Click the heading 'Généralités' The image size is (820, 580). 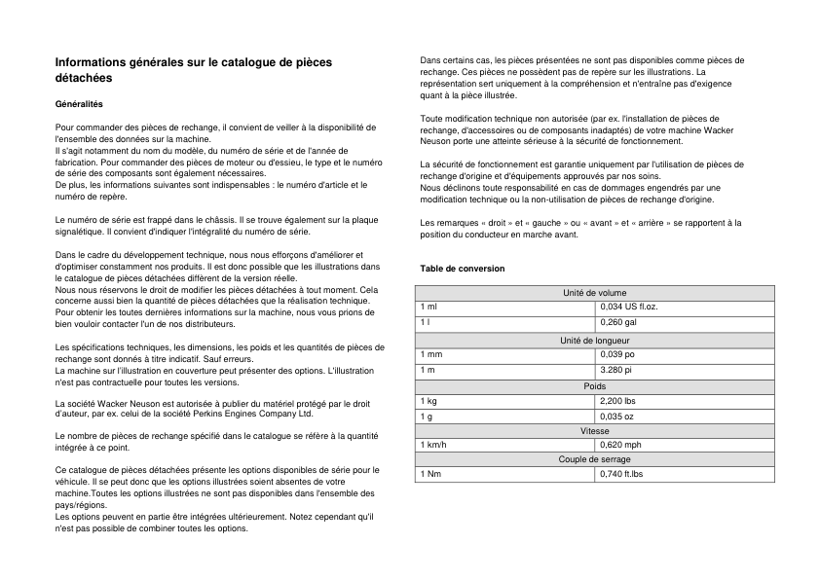79,103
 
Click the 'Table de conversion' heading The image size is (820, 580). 462,269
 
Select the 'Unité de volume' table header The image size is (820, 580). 594,293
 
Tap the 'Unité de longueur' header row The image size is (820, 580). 594,340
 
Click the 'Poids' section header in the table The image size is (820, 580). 594,386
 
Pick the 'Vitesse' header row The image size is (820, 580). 594,430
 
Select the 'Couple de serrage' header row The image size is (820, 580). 594,459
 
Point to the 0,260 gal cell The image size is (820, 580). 618,322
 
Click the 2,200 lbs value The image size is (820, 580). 618,401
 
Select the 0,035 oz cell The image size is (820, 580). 617,417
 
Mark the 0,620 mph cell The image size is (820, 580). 620,445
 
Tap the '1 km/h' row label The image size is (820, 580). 433,445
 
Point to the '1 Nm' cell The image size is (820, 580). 429,474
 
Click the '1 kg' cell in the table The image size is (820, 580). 428,401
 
